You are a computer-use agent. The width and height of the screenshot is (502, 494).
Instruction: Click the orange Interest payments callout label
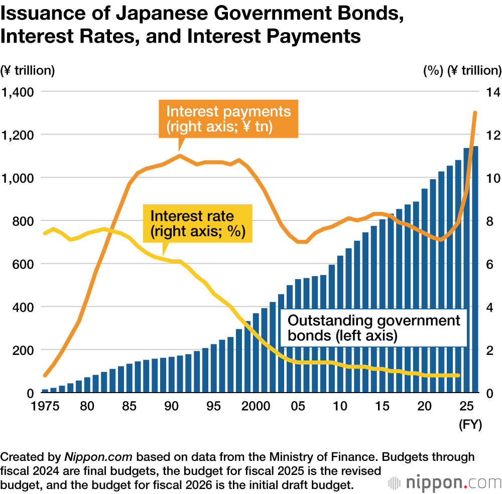tap(228, 118)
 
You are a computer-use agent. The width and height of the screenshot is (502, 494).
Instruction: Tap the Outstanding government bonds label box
tap(373, 328)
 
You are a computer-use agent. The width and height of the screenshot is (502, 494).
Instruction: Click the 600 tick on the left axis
tap(23, 264)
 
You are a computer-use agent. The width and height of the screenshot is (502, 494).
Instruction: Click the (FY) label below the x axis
tap(470, 425)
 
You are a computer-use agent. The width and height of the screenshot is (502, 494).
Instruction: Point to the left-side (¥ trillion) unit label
tap(28, 70)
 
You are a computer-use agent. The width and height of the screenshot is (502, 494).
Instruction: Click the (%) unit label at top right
tap(433, 70)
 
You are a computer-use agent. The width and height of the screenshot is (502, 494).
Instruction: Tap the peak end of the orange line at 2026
tap(475, 113)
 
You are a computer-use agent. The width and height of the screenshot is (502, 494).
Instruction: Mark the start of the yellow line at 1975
tap(45, 233)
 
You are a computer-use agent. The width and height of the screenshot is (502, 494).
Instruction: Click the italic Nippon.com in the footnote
tap(98, 457)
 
